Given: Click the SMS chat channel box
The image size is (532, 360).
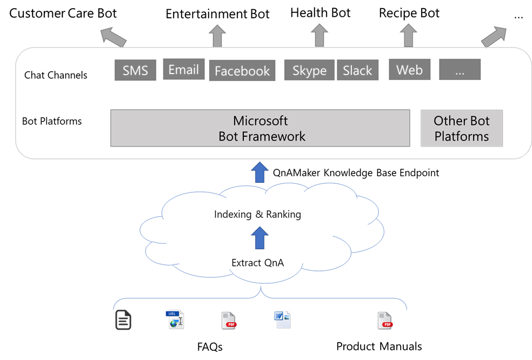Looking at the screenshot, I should point(135,70).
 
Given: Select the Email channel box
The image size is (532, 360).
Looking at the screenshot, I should point(184,69).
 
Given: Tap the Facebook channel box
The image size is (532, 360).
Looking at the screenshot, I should point(242,71).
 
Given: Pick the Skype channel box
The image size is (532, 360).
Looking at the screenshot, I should point(309,70).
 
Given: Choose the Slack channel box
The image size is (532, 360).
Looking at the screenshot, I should point(357,70).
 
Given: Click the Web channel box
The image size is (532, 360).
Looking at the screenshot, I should point(409,70).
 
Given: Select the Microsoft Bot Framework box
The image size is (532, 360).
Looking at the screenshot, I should point(260,128).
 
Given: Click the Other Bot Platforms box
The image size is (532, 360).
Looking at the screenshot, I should point(462,128).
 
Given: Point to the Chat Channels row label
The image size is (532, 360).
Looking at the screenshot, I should point(56,75).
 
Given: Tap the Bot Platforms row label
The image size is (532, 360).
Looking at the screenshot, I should point(52,121).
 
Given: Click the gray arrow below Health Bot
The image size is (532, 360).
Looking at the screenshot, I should point(320,36).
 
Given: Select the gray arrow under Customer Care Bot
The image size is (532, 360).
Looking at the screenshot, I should point(113,37).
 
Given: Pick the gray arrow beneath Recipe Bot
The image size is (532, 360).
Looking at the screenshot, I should point(408,36).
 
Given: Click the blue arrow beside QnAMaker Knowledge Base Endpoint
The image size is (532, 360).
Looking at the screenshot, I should point(260,172).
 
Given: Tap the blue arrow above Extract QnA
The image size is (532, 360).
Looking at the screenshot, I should point(260,238).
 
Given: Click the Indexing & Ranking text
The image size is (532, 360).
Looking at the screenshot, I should point(257,215).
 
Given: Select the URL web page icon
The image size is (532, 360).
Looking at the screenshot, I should point(175,319).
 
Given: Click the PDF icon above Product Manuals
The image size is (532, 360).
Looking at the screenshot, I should point(384,321).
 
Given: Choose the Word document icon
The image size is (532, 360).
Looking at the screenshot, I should point(282,319).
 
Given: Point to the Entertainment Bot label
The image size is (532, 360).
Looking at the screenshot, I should point(217,14).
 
